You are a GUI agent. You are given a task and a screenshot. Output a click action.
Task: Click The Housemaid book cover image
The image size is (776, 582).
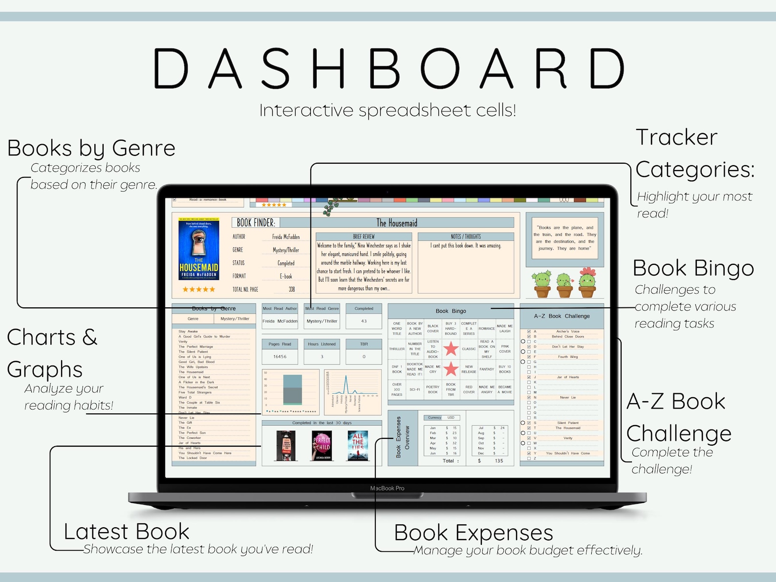tap(198, 249)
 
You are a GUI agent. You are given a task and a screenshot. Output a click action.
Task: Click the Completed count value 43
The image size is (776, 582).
tap(364, 321)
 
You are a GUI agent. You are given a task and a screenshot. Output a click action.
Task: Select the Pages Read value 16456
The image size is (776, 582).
tap(280, 357)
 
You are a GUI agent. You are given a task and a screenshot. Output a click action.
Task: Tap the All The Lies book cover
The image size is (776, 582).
tap(358, 445)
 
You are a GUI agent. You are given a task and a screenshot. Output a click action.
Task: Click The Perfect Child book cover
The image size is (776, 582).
tap(322, 445)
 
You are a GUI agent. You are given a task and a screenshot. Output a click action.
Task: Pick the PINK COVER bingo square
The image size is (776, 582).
tap(505, 349)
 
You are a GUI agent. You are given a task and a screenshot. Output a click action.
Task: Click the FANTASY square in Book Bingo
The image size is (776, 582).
tap(487, 369)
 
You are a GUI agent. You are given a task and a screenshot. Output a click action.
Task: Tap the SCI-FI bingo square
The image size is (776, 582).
tap(415, 389)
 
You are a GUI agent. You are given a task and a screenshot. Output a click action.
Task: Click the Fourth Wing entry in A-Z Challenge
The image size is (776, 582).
tap(568, 357)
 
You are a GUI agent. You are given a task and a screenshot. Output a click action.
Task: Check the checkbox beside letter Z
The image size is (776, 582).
tap(529, 458)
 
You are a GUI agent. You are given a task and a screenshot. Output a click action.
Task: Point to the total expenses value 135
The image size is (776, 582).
tap(499, 461)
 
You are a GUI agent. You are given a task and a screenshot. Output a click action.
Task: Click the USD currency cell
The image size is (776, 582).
tap(451, 418)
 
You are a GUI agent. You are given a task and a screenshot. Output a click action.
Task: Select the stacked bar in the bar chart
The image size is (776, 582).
tap(292, 389)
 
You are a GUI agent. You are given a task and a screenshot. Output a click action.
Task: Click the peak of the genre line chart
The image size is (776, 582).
tap(346, 376)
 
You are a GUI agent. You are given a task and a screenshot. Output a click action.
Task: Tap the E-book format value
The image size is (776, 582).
tap(286, 276)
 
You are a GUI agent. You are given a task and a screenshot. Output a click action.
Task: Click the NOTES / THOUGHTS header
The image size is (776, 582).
tap(466, 237)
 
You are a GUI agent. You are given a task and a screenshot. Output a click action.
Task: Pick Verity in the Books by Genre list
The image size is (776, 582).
tap(183, 342)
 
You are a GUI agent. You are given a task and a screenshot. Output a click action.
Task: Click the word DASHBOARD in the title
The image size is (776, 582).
tap(389, 69)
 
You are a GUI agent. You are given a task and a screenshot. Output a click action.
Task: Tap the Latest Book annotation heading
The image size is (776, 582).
tap(127, 532)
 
